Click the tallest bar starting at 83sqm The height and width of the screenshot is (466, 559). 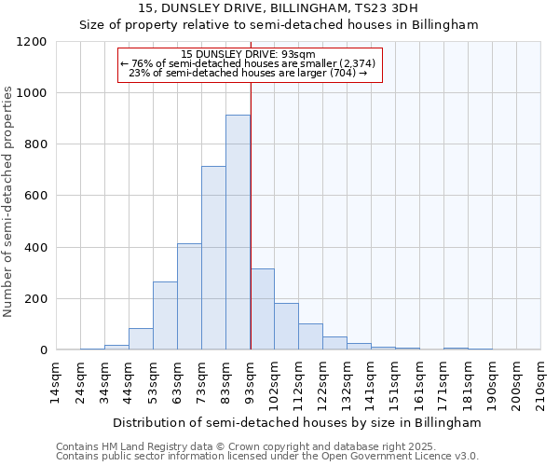(238, 232)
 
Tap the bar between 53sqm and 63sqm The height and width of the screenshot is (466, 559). (165, 316)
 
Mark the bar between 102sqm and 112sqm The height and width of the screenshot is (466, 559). (286, 326)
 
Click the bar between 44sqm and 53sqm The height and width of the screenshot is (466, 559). (141, 339)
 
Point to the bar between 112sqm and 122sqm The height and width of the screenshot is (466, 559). (310, 336)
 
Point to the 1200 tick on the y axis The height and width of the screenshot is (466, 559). (32, 42)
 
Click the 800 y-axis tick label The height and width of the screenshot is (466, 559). (35, 144)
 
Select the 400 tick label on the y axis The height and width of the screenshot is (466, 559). (35, 248)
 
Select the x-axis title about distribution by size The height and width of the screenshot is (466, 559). (298, 422)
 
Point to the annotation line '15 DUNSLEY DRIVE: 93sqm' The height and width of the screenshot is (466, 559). (249, 54)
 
